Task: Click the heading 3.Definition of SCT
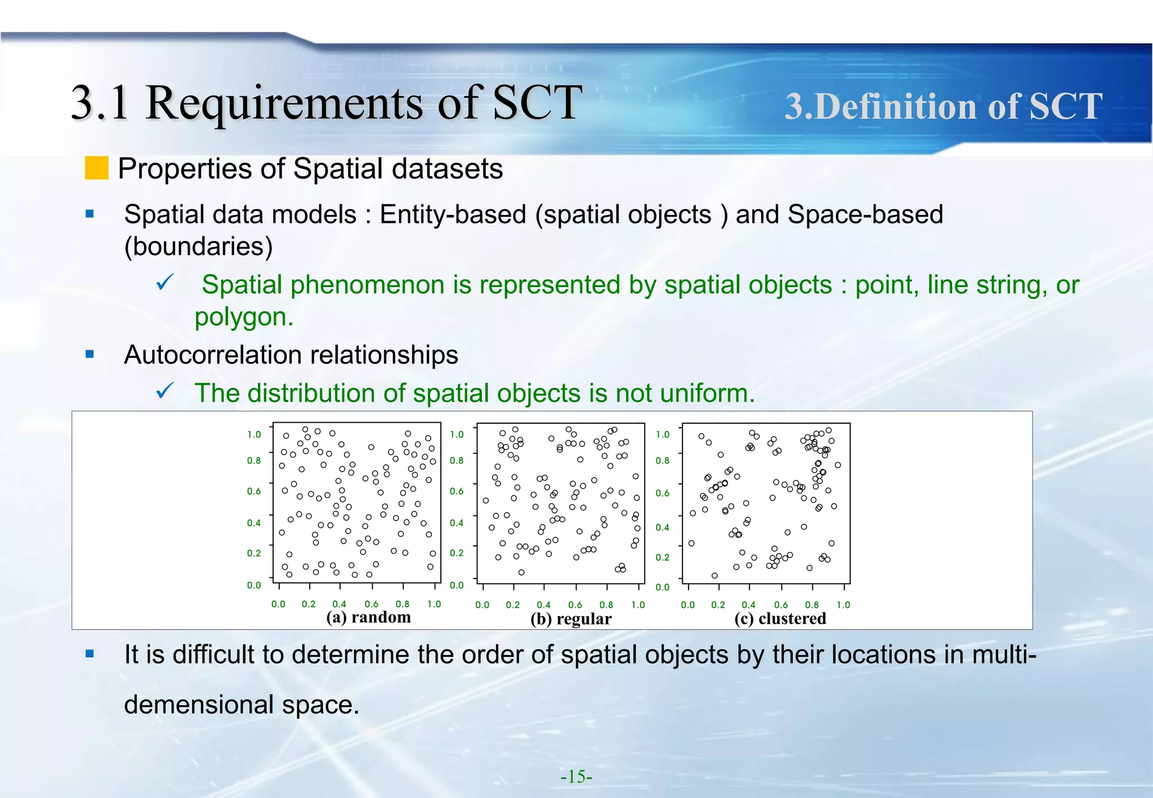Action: [943, 106]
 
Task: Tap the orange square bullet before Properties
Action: [96, 168]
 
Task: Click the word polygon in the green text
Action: [243, 317]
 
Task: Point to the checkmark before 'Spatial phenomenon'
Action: [164, 283]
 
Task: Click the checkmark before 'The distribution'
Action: [164, 391]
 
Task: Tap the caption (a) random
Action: [368, 617]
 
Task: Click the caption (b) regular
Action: [570, 619]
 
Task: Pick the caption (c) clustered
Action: [780, 618]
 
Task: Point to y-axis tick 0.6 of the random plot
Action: [254, 491]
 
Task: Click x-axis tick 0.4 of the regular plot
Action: [543, 605]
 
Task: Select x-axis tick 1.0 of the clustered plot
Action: [843, 605]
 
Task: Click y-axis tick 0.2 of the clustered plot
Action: [662, 557]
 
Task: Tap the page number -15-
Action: [576, 777]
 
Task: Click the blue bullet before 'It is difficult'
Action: [90, 654]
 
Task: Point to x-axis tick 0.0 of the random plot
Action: [278, 604]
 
